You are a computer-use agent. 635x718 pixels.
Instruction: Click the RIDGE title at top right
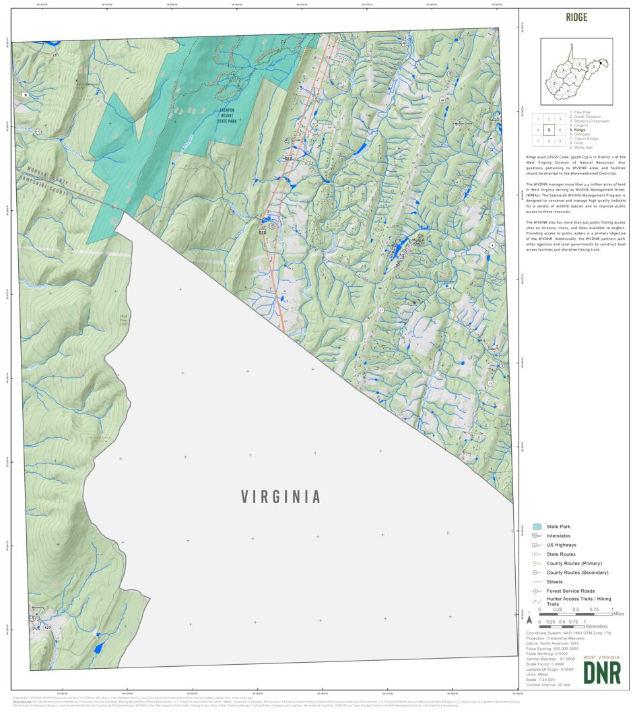coord(576,18)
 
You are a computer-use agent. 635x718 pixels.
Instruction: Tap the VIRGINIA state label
coord(281,497)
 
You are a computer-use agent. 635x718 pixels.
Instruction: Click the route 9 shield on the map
coord(25,96)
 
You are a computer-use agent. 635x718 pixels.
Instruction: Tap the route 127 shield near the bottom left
coord(47,628)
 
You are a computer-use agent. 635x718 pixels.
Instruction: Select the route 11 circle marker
coord(381,311)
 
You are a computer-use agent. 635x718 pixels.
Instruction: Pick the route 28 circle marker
coord(442,100)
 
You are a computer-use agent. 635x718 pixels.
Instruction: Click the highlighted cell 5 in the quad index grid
coord(549,130)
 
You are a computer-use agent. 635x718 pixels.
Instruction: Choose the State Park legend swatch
coord(537,527)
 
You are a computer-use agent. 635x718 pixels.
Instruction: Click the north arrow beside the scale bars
coord(529,618)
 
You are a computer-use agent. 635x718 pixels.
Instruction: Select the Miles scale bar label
coord(618,614)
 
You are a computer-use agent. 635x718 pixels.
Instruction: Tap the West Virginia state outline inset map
coord(576,71)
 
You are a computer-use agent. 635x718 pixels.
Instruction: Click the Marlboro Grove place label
coord(463,124)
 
